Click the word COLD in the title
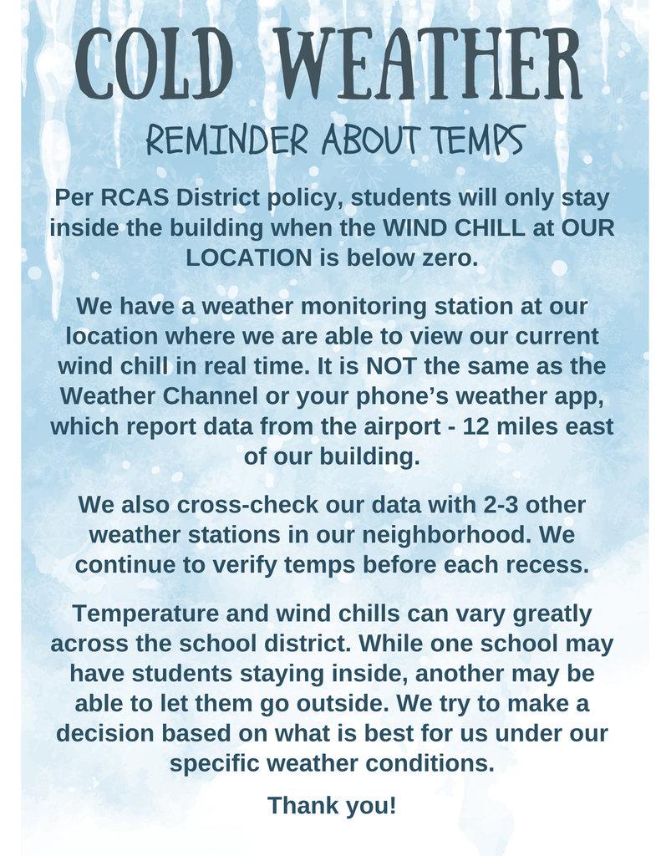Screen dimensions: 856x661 tap(155, 64)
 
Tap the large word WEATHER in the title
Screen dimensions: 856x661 tap(428, 64)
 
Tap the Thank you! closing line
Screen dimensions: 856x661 tap(331, 806)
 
